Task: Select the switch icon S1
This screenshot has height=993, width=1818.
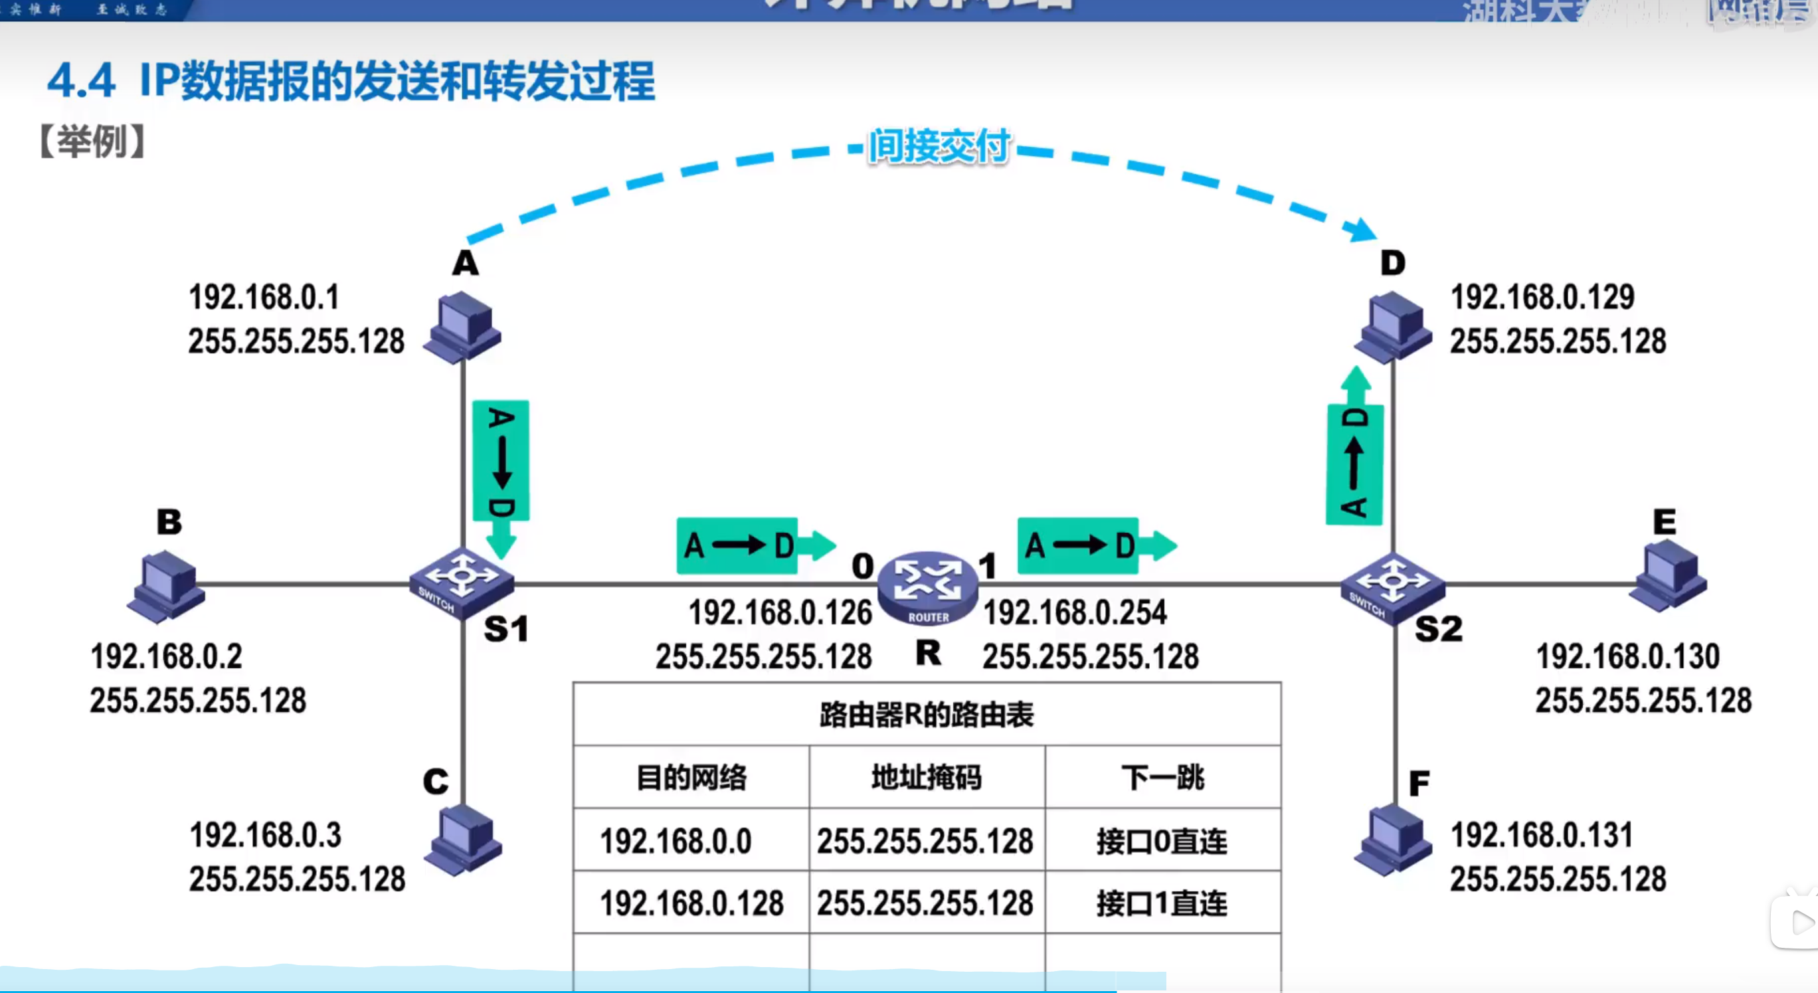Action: (x=462, y=583)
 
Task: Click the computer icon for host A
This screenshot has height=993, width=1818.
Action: (x=462, y=328)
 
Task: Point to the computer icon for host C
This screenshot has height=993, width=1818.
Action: (x=463, y=840)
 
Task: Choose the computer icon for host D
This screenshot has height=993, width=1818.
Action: (x=1392, y=327)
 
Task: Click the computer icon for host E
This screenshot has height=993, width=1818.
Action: (x=1667, y=575)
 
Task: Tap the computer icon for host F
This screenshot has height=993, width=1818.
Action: (x=1392, y=840)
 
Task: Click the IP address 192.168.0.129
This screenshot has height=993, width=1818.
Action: (x=1542, y=297)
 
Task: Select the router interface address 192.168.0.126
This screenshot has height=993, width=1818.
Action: (x=780, y=612)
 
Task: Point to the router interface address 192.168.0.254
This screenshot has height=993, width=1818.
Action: (x=1075, y=612)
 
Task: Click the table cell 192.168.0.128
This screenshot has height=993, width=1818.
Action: (x=691, y=903)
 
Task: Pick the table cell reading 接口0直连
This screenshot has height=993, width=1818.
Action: (x=1162, y=840)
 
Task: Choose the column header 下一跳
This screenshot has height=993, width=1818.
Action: (x=1162, y=777)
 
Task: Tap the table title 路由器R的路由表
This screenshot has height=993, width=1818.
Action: (x=927, y=714)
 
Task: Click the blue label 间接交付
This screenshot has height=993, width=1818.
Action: (x=939, y=147)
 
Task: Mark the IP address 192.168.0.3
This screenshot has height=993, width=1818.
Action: (x=266, y=835)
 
